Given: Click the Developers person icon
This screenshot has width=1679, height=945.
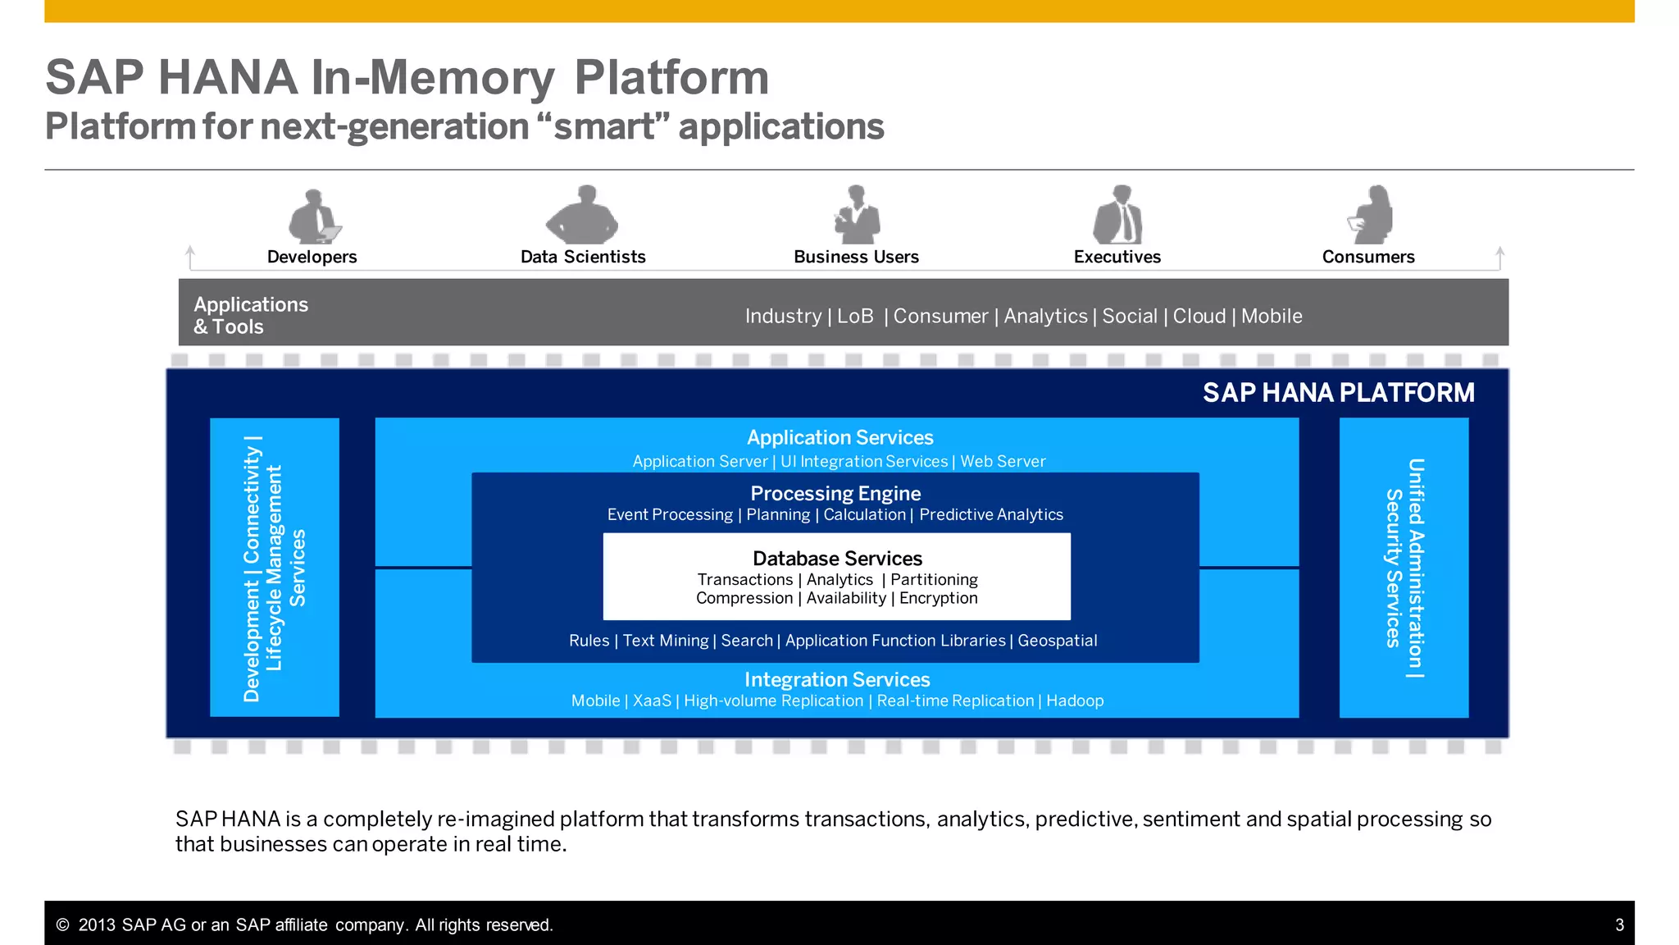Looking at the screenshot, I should tap(313, 217).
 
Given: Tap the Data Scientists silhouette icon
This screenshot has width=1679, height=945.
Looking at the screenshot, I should tap(583, 215).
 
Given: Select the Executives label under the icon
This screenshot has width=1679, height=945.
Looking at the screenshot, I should tap(1117, 257).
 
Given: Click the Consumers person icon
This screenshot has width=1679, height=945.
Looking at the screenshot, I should tap(1372, 215).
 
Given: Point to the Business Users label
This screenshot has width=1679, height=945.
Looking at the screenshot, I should tap(856, 257).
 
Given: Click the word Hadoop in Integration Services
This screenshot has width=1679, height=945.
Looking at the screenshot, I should tap(1075, 701).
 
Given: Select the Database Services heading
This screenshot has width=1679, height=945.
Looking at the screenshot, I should tap(837, 559).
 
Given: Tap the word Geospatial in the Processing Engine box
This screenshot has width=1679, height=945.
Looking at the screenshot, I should tap(1057, 641).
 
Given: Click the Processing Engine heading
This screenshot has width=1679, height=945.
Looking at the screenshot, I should tap(835, 494).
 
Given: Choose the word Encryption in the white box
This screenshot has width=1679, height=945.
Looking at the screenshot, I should tap(938, 598).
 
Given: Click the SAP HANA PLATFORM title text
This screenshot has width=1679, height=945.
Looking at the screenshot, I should tap(1338, 393).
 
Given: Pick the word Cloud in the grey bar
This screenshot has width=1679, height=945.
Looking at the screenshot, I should tap(1199, 317).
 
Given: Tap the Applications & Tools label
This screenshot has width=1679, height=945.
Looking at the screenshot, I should tap(251, 316).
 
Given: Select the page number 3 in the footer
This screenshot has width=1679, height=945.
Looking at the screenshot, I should tap(1619, 925).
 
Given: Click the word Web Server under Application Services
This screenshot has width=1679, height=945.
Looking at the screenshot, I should tap(1003, 462).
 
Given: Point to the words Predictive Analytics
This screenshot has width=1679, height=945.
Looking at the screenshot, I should tap(990, 515).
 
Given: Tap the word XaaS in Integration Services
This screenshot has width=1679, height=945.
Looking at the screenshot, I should tap(652, 701).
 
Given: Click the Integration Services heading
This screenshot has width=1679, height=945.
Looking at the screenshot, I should tap(837, 680).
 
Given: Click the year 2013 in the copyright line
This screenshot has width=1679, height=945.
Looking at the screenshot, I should tap(97, 925).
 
